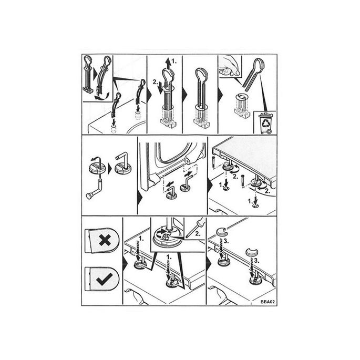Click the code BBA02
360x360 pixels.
pyautogui.click(x=268, y=301)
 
